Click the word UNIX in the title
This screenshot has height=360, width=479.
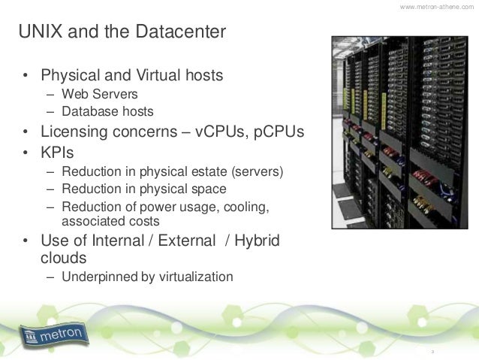pos(39,32)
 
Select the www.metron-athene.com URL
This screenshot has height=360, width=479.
pos(437,7)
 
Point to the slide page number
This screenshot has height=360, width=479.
pos(432,351)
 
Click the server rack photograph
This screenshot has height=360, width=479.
pos(397,132)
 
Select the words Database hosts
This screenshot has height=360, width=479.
pos(107,112)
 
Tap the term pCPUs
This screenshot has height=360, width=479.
pos(279,132)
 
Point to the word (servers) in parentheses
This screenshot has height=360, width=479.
pos(259,171)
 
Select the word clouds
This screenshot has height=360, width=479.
pos(64,259)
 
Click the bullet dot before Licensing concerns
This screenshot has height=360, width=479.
pos(26,132)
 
